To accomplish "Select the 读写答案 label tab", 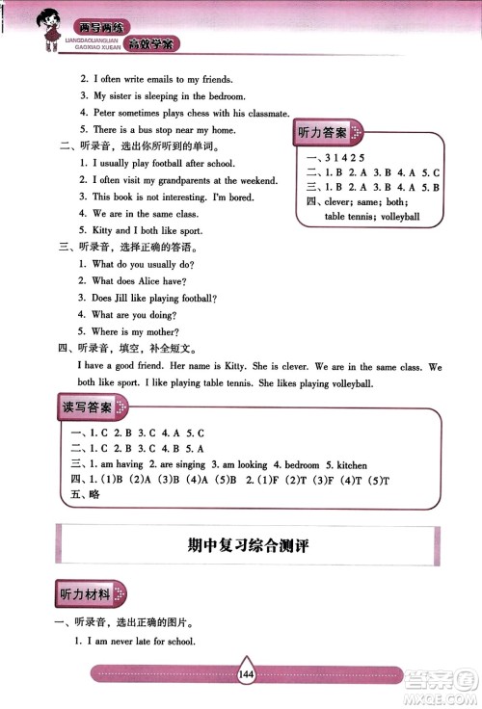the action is click(86, 407).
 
